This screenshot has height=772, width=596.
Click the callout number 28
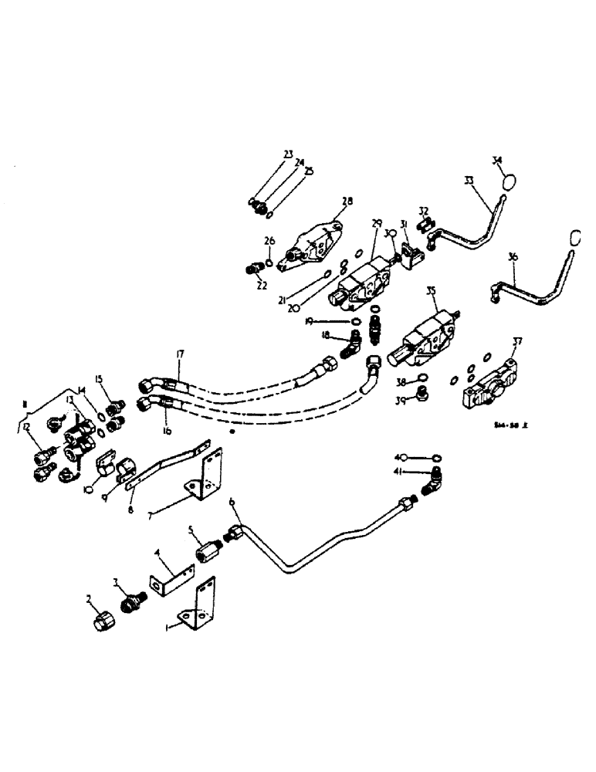click(x=347, y=201)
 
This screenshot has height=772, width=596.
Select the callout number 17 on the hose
click(x=180, y=354)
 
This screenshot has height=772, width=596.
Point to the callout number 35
click(x=431, y=291)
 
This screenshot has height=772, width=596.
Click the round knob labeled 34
click(x=507, y=183)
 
